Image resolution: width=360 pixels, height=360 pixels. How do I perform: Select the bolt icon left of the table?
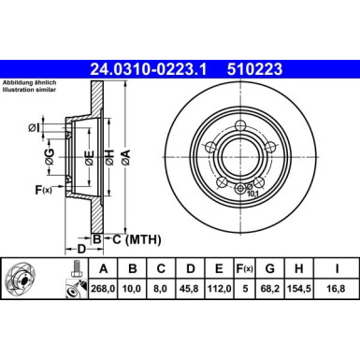(x=71, y=278)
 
